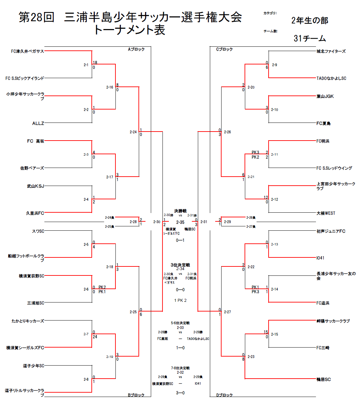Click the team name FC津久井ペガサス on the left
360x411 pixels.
[x=27, y=51]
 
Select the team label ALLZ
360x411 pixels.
[x=38, y=124]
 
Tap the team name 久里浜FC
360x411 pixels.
[x=35, y=213]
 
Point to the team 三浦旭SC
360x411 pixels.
[x=36, y=303]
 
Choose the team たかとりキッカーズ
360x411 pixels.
[x=28, y=321]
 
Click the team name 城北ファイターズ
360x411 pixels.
[x=331, y=51]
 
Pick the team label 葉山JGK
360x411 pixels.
[x=325, y=96]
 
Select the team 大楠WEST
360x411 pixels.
[x=326, y=213]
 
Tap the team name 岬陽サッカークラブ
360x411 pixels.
[x=333, y=321]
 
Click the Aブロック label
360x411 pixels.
[x=136, y=49]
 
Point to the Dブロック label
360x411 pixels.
[x=224, y=395]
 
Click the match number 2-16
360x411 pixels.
[x=109, y=87]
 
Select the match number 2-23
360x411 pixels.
[x=251, y=357]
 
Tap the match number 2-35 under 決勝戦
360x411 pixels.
[x=180, y=222]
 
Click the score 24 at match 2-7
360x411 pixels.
[x=95, y=337]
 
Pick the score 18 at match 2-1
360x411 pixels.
[x=95, y=63]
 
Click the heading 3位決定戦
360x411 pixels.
[x=180, y=265]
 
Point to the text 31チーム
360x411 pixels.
[x=310, y=38]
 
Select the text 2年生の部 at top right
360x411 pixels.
[x=310, y=21]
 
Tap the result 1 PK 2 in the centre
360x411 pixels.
[x=180, y=300]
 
